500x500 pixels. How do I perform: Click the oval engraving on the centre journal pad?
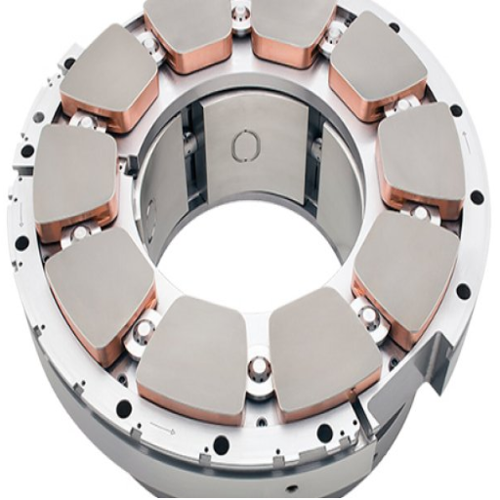coord(244,146)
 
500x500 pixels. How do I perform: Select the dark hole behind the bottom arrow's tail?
coord(125,408)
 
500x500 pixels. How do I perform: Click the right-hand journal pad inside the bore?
coord(313,166)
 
